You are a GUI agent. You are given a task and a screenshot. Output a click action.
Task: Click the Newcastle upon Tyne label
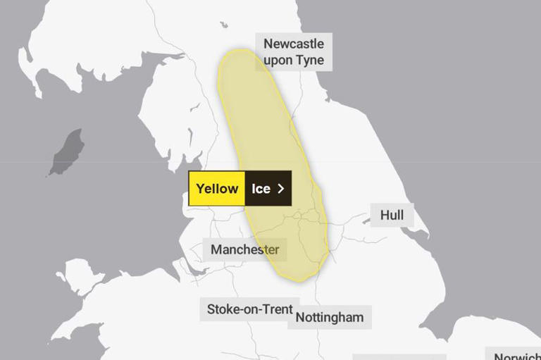(294, 51)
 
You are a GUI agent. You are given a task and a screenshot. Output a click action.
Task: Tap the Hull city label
(392, 215)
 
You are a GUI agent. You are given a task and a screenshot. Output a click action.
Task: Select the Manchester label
(244, 249)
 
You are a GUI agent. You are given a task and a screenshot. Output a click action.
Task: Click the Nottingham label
(329, 317)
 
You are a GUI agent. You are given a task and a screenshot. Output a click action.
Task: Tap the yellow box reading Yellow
(217, 189)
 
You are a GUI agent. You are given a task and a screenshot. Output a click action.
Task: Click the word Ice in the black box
(261, 189)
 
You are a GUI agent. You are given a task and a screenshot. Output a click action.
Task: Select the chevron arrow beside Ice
(281, 189)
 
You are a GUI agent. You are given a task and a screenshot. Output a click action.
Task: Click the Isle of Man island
(68, 151)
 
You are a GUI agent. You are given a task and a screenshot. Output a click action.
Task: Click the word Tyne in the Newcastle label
(310, 60)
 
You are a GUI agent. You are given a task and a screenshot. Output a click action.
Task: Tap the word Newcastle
(294, 44)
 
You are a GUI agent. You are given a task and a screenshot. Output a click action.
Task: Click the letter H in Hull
(384, 215)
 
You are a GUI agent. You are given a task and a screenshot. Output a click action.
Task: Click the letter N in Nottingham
(300, 317)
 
